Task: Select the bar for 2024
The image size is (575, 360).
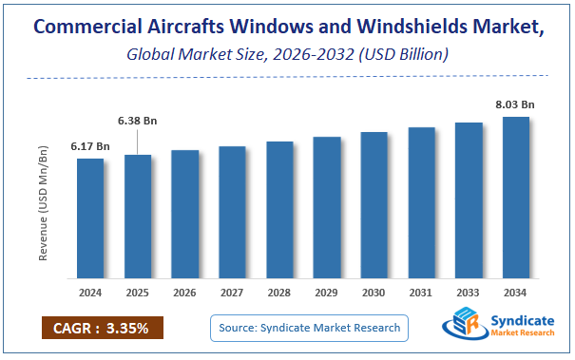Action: pos(90,218)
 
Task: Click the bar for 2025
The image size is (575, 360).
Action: pos(138,217)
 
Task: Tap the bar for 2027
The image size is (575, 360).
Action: pos(232,213)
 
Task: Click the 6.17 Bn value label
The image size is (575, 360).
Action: pos(90,146)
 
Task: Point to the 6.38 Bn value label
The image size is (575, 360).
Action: pos(137,121)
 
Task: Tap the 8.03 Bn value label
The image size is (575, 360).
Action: pos(515,104)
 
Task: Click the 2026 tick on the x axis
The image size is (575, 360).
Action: pos(185,294)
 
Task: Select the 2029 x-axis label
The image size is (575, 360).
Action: pos(327,294)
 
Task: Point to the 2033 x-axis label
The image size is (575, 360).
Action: pos(469,294)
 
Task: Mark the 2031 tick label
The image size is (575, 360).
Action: pos(421,294)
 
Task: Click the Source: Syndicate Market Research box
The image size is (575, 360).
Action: pos(309,329)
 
